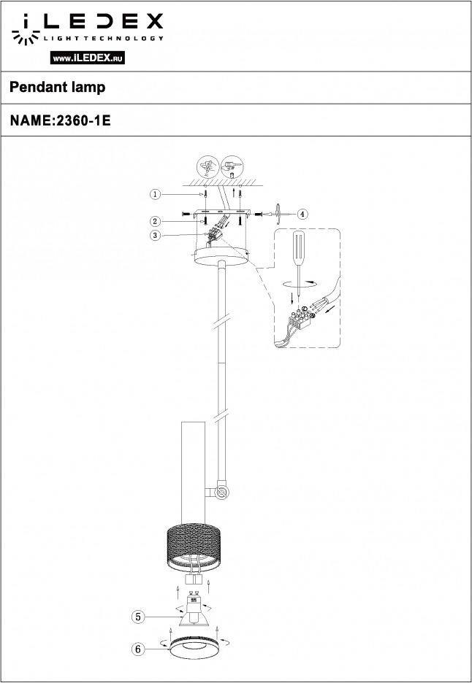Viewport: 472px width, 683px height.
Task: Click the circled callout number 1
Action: point(156,194)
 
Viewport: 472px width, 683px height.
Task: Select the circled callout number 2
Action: point(156,222)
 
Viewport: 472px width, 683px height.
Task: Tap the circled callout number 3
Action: point(156,236)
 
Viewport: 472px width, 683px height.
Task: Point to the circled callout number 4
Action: point(302,214)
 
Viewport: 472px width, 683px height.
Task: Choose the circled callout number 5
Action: point(138,617)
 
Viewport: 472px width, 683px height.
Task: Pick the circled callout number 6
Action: point(138,649)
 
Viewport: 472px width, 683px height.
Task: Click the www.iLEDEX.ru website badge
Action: point(88,58)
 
